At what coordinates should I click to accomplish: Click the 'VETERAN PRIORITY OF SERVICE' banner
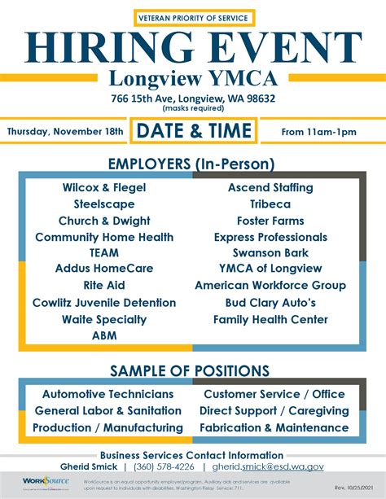pyautogui.click(x=193, y=17)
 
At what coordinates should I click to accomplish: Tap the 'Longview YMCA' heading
pyautogui.click(x=193, y=80)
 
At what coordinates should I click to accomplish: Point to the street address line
pyautogui.click(x=193, y=98)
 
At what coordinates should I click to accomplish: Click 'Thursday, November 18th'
pyautogui.click(x=66, y=131)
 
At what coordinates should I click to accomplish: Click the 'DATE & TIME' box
pyautogui.click(x=195, y=130)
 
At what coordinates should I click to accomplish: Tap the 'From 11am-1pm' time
pyautogui.click(x=319, y=131)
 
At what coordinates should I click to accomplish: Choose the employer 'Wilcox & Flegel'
pyautogui.click(x=104, y=187)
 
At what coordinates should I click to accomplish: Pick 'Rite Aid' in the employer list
pyautogui.click(x=104, y=286)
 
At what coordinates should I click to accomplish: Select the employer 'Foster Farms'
pyautogui.click(x=270, y=221)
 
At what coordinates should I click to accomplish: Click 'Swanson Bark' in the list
pyautogui.click(x=270, y=252)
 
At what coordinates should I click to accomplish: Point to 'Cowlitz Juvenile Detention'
pyautogui.click(x=104, y=303)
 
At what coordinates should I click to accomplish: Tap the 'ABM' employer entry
pyautogui.click(x=104, y=335)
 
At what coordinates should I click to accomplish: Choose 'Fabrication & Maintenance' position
pyautogui.click(x=274, y=427)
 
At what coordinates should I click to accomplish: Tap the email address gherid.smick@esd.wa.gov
pyautogui.click(x=269, y=467)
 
